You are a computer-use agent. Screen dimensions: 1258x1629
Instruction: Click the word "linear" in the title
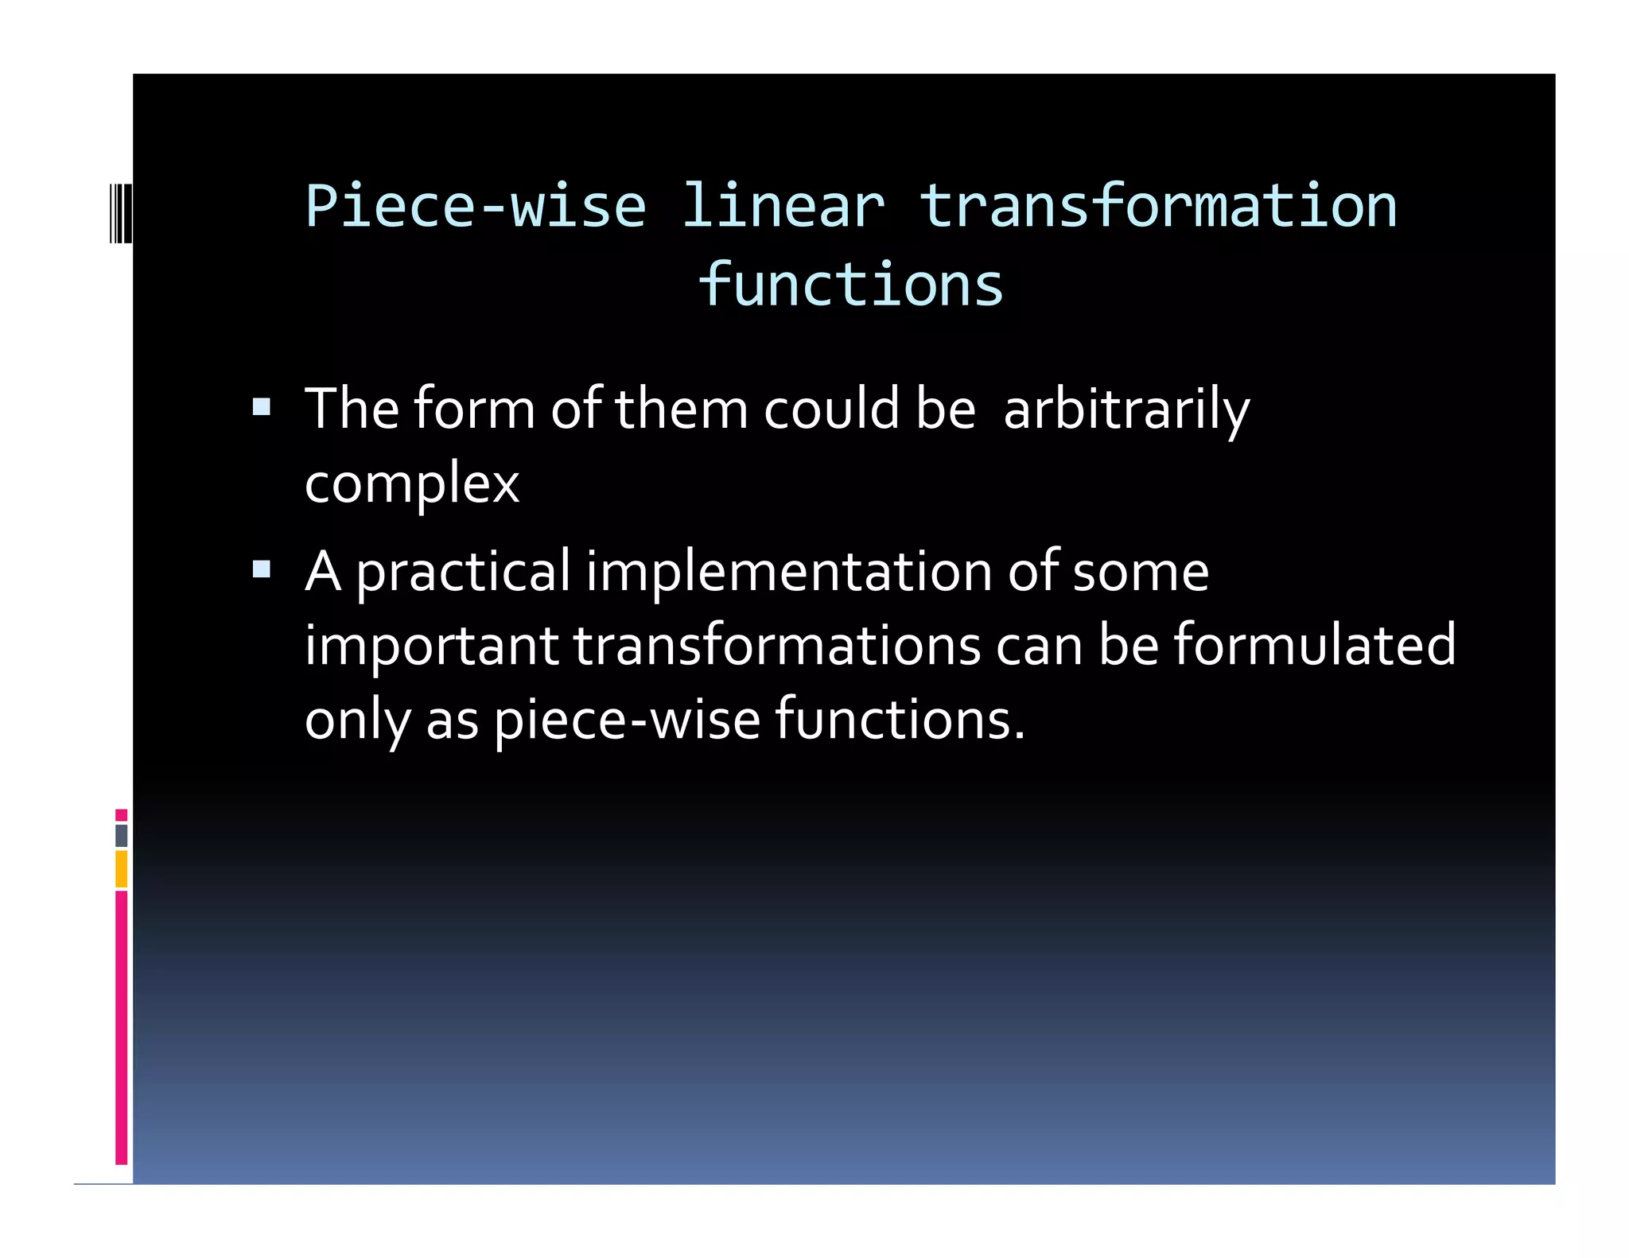783,207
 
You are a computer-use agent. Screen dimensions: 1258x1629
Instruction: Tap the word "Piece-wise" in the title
476,207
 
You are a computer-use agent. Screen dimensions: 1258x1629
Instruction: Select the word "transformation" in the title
1157,207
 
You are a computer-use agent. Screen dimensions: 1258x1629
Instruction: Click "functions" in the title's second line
850,285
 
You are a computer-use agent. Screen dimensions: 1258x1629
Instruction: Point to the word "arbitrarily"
1126,410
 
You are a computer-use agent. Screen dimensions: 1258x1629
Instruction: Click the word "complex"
411,483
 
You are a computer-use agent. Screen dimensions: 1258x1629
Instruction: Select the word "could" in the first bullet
831,409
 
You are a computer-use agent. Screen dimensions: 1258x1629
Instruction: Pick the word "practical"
463,573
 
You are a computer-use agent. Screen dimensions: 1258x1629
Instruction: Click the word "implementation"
789,573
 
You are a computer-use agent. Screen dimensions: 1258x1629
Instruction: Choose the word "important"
432,645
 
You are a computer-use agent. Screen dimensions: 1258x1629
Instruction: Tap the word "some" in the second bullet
1141,573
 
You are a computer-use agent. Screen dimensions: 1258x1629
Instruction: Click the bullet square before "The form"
262,408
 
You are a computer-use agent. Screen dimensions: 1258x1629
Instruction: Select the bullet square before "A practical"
262,569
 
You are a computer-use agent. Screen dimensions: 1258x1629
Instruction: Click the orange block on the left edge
121,868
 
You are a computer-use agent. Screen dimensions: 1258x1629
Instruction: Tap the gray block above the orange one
121,835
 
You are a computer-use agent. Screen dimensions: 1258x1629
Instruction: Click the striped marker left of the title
121,212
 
